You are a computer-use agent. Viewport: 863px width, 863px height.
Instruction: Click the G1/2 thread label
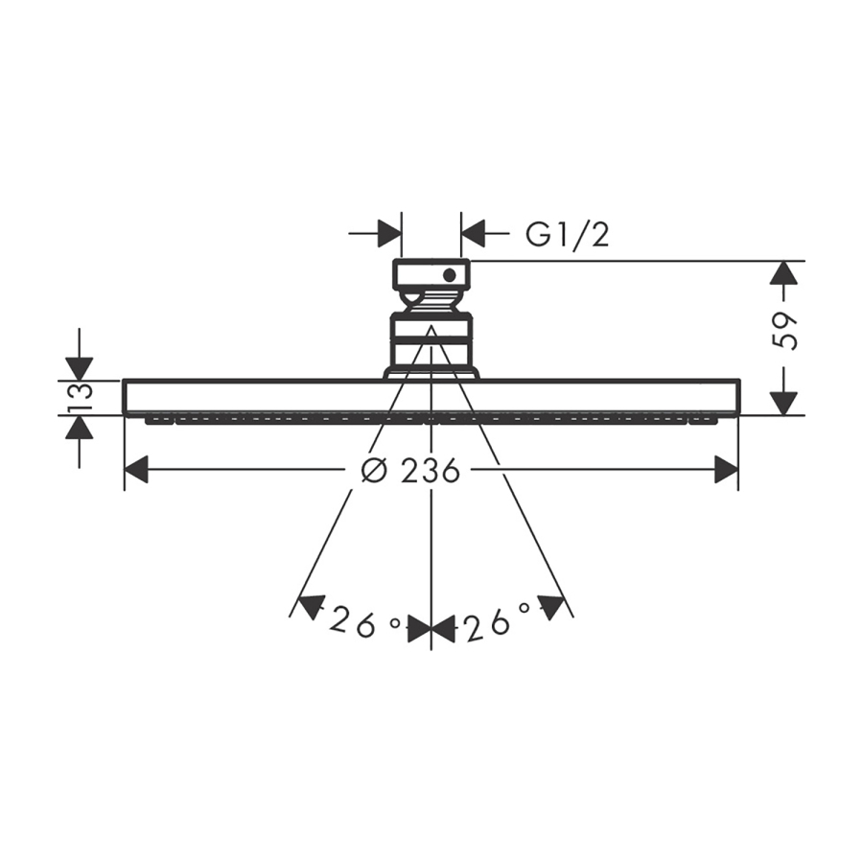pyautogui.click(x=568, y=236)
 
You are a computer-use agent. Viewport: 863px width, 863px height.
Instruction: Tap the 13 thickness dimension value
pyautogui.click(x=80, y=397)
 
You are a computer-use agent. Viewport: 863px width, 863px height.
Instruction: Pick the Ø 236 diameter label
pyautogui.click(x=410, y=471)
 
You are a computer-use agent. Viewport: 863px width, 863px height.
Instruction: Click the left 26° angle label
pyautogui.click(x=364, y=622)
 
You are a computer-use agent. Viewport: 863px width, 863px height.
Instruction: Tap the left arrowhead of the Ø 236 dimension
pyautogui.click(x=136, y=470)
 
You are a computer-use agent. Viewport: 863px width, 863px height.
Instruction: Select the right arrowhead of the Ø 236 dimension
pyautogui.click(x=726, y=470)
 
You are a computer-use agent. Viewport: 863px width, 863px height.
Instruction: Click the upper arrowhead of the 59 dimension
pyautogui.click(x=784, y=272)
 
